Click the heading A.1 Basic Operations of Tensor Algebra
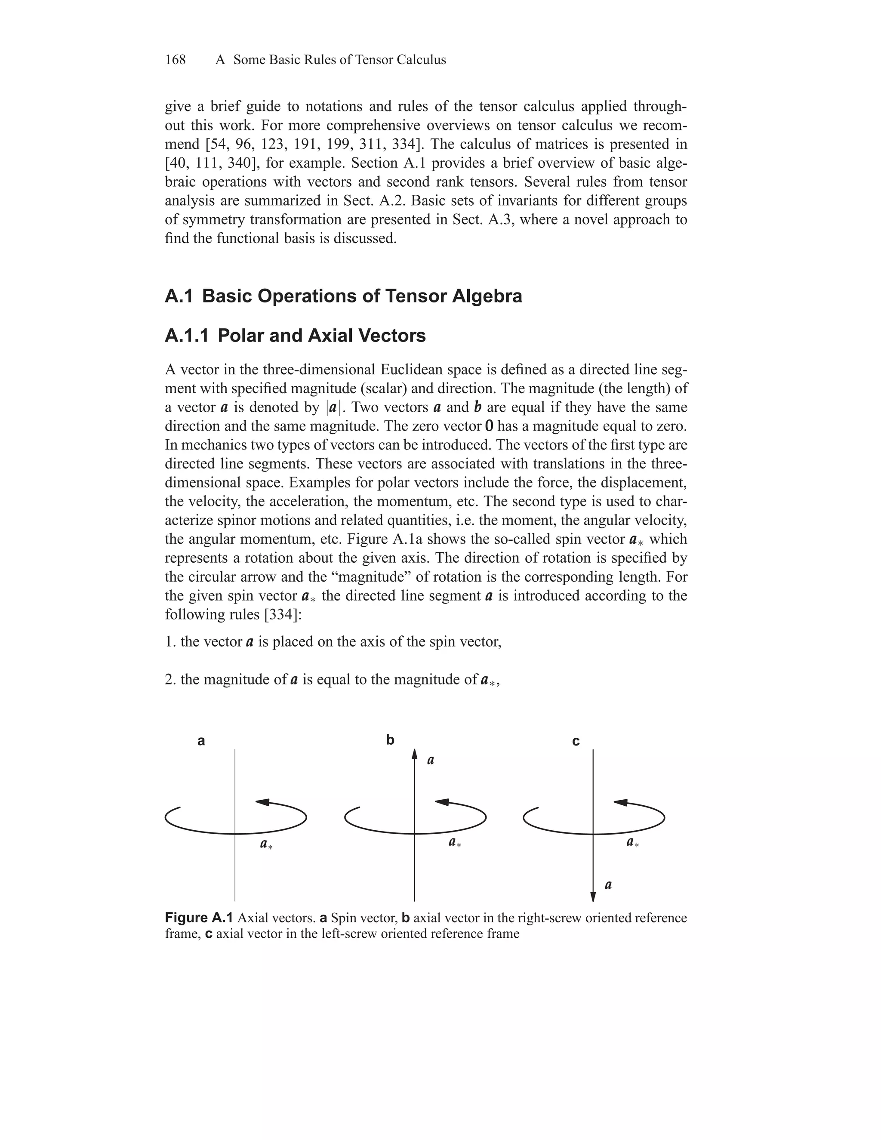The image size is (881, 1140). (x=343, y=296)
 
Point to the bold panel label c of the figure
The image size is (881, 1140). (x=576, y=741)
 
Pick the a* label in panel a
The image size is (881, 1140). (x=266, y=844)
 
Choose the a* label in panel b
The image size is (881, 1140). (x=455, y=842)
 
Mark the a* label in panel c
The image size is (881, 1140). (x=632, y=842)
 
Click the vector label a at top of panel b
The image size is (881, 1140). (x=431, y=761)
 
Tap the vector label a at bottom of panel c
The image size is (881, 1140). (x=608, y=885)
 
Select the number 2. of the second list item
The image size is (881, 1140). (x=171, y=680)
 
